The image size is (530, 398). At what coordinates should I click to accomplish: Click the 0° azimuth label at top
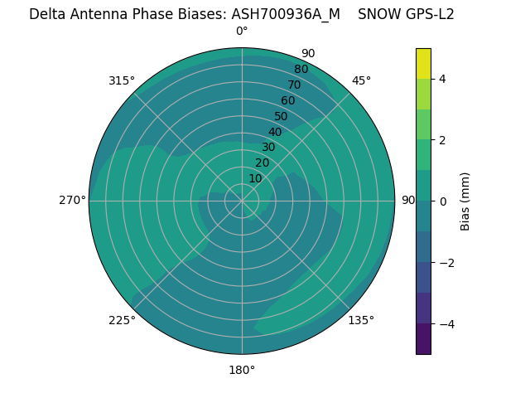(242, 32)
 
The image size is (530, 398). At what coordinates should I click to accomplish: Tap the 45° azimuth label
(361, 80)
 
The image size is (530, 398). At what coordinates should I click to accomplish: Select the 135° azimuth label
(361, 320)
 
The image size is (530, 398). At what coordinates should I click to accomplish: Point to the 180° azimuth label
(242, 370)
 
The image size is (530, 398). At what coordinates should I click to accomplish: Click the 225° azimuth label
(122, 321)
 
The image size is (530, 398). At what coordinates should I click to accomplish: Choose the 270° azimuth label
(72, 201)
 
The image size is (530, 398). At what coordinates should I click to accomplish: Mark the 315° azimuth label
(122, 80)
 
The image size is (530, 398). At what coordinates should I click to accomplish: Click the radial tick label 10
(255, 178)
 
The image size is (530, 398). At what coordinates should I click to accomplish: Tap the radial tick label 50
(281, 116)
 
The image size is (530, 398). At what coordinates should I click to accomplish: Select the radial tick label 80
(301, 70)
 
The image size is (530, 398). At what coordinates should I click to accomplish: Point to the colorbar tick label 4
(443, 79)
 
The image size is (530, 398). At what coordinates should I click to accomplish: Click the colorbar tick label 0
(443, 201)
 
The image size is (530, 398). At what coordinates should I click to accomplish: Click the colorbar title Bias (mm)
(465, 201)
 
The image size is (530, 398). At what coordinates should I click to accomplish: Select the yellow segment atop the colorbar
(423, 63)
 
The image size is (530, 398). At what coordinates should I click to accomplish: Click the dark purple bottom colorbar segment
(423, 339)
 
